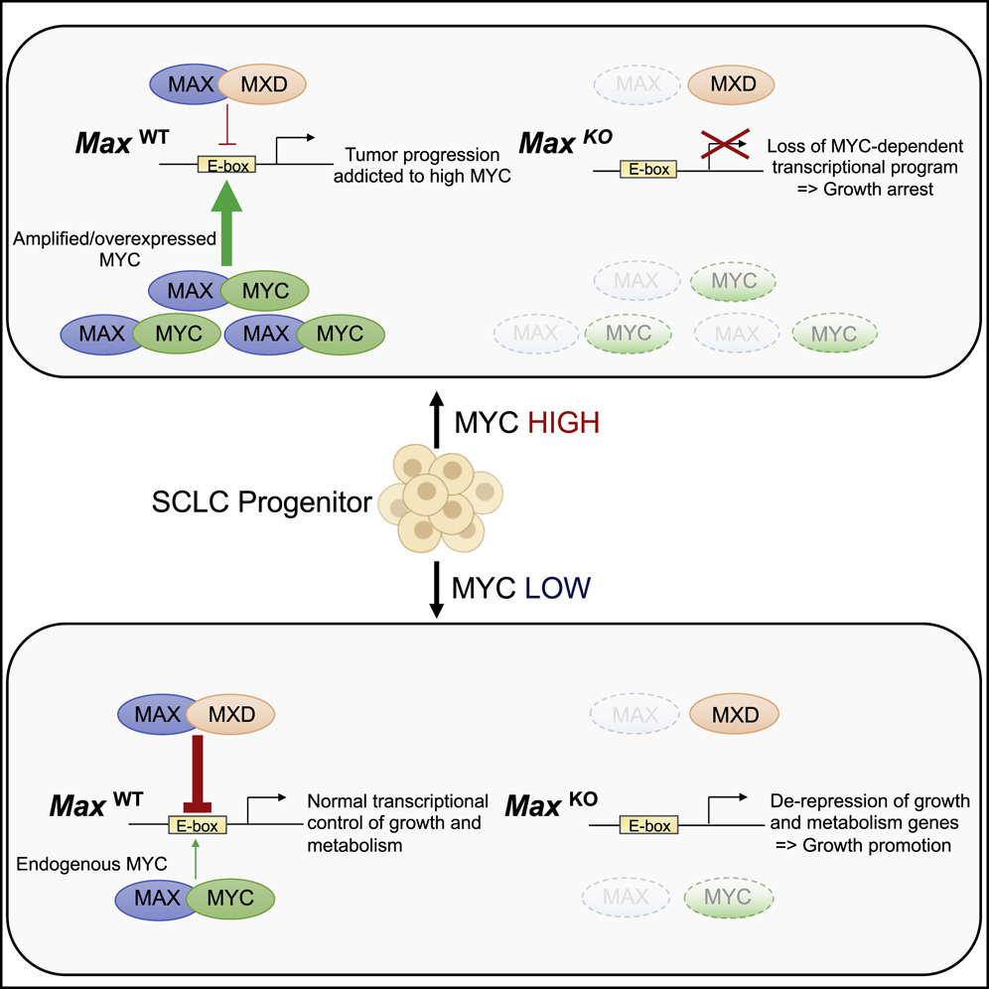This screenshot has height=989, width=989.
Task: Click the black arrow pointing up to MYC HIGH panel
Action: pyautogui.click(x=434, y=424)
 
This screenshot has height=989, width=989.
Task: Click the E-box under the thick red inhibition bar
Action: pyautogui.click(x=199, y=824)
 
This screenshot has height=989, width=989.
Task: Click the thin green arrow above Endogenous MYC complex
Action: pyautogui.click(x=198, y=856)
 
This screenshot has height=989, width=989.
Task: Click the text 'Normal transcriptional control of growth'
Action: pyautogui.click(x=397, y=811)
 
